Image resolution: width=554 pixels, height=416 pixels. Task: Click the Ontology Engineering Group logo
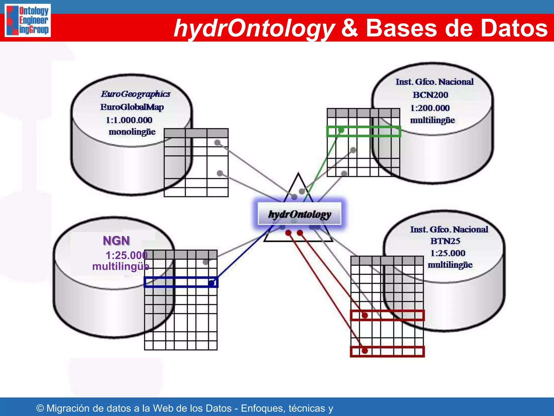click(28, 20)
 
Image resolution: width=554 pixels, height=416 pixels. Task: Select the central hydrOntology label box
click(299, 214)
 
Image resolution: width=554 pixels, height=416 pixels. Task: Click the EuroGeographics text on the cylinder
click(136, 94)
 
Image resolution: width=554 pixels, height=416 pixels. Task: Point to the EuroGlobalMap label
click(132, 107)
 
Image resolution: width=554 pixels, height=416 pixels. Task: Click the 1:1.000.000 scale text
click(129, 120)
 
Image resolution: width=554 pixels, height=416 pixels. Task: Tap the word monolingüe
click(132, 132)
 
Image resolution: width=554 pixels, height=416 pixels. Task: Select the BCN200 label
click(430, 95)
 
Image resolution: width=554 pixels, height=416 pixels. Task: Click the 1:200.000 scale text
click(430, 108)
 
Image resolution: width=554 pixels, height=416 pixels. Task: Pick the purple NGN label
click(116, 240)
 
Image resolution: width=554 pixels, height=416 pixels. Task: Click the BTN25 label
click(445, 241)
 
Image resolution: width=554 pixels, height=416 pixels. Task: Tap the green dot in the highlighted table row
click(341, 130)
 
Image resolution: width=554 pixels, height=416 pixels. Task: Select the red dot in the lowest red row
click(365, 351)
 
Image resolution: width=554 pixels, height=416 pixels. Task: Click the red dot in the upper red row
click(365, 315)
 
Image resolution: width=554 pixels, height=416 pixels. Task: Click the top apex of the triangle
click(298, 173)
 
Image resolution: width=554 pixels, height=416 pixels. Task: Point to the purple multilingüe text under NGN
click(121, 266)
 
